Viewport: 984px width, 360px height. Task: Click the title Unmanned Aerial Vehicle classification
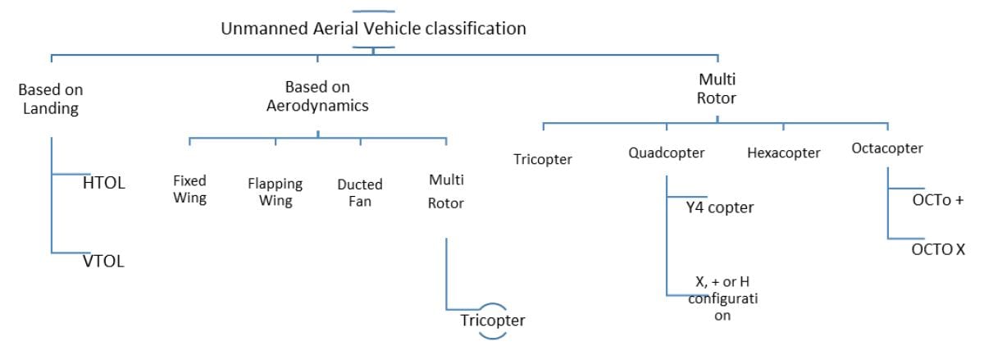373,28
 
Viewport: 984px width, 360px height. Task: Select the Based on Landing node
51,99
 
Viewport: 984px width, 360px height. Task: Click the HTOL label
104,184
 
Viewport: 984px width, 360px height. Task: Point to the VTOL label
104,262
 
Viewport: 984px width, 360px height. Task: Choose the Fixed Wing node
189,189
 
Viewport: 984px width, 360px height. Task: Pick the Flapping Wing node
276,191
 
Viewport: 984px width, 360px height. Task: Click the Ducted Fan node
360,192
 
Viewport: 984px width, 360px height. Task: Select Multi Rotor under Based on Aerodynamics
446,191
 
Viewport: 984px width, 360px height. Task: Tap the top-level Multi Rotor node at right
717,89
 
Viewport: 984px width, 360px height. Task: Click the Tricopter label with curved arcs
492,320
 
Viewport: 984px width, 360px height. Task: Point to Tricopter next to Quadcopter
543,159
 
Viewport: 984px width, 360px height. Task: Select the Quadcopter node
667,153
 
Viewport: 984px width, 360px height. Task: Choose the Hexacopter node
784,153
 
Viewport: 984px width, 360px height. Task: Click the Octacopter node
887,148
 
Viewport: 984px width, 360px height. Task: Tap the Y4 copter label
720,207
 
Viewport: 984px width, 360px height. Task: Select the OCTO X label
938,249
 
